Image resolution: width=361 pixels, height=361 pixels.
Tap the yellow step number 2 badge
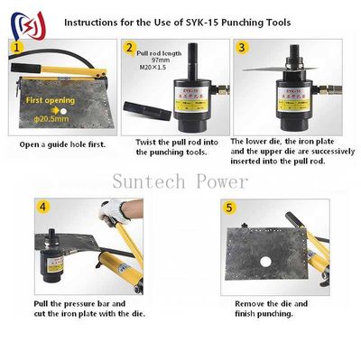[x=130, y=48]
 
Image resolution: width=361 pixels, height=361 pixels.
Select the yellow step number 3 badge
[x=241, y=48]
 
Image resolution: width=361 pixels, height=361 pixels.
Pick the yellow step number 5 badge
[x=229, y=208]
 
